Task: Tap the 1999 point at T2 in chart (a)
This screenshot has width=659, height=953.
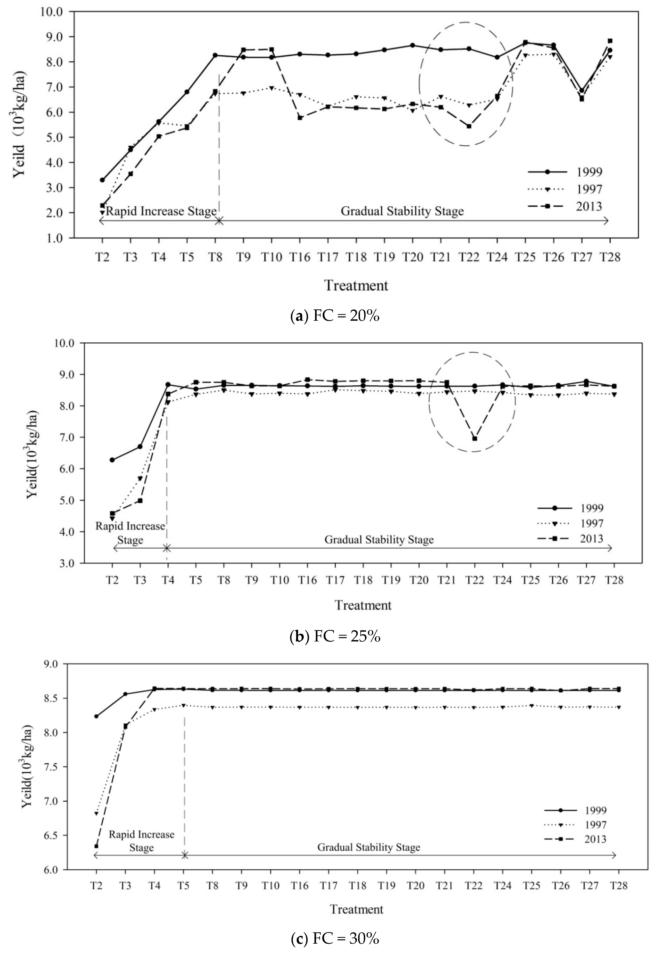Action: (x=102, y=180)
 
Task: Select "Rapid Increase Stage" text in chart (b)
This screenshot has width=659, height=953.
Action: (x=131, y=533)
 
